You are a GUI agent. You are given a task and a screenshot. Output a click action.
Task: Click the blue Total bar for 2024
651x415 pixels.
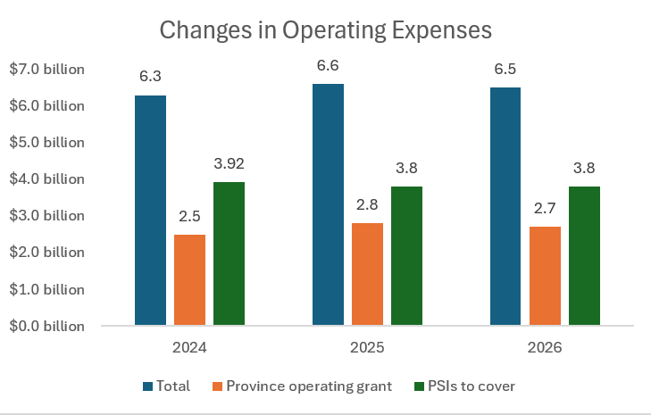150,210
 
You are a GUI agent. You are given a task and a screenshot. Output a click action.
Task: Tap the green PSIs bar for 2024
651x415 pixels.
229,253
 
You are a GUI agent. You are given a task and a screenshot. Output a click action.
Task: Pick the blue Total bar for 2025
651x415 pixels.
328,204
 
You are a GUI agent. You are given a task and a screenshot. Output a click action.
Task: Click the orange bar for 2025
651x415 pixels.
367,274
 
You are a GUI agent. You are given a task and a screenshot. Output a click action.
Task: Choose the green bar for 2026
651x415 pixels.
584,256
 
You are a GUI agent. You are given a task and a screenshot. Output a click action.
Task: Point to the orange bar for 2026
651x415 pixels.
545,276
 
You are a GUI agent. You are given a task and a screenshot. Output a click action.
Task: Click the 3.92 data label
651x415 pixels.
229,164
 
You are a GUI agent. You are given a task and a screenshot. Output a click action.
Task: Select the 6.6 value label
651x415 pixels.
328,66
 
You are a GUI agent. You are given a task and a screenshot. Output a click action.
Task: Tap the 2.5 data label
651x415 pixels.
189,217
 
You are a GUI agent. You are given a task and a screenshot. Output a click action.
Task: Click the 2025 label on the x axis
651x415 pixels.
367,346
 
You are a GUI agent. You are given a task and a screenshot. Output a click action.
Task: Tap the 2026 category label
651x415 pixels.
545,346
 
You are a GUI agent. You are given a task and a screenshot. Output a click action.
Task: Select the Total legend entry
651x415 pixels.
171,386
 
